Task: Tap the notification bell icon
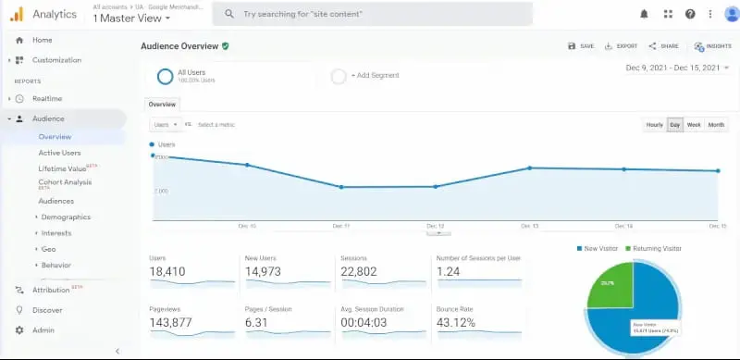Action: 644,14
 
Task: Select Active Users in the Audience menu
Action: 59,153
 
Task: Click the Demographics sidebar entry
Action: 66,217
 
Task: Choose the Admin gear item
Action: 43,330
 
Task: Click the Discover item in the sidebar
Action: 47,310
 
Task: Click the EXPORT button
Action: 621,46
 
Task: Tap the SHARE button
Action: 663,46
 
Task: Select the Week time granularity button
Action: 693,124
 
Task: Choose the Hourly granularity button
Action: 654,124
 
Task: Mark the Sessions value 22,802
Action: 366,271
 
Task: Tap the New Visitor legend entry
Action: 599,249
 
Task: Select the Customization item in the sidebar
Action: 56,60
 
